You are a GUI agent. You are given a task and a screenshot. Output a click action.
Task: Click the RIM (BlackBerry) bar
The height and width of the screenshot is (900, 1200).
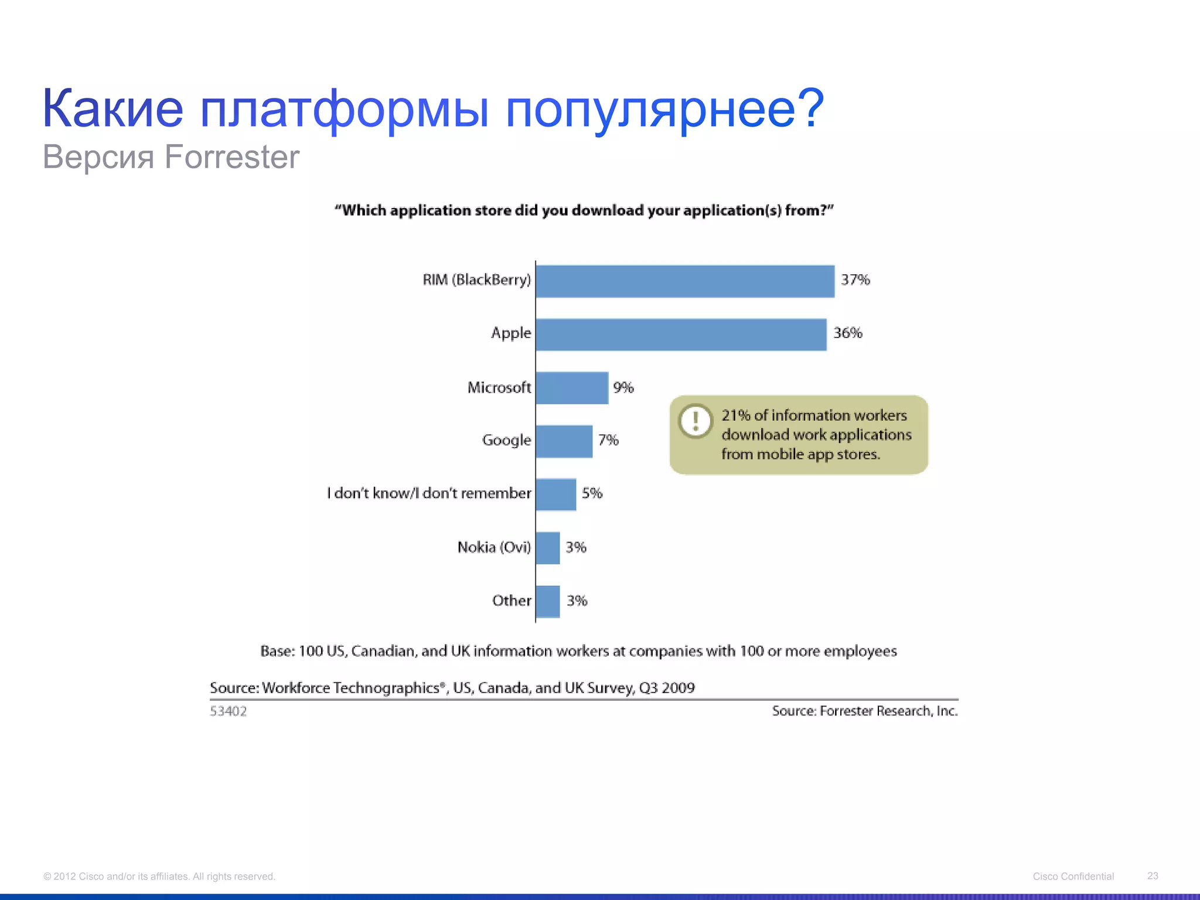coord(685,281)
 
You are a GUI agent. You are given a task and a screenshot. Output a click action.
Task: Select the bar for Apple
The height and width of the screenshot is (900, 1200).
coord(681,335)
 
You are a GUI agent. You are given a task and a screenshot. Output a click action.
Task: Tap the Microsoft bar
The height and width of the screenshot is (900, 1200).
coord(572,388)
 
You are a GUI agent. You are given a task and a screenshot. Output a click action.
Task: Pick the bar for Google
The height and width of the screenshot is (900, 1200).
coord(564,441)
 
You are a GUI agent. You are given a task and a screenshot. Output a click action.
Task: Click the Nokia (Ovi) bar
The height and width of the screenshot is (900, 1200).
coord(547,548)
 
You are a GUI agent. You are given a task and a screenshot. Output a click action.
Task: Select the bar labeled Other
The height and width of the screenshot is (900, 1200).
coord(547,601)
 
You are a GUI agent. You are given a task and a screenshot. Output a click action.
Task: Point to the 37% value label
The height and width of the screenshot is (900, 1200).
coord(855,280)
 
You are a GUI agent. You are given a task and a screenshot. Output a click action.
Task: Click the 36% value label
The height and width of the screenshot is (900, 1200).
coord(848,333)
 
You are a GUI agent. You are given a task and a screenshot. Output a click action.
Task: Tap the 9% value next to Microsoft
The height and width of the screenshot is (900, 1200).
coord(623,388)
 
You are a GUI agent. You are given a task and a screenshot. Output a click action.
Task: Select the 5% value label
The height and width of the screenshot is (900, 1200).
coord(592,493)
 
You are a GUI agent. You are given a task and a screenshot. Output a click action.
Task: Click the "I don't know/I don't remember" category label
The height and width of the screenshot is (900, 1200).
coord(429,493)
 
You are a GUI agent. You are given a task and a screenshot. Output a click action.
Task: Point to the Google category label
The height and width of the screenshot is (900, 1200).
coord(506,441)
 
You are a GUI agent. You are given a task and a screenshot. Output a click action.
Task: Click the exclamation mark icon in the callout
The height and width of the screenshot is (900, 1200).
coord(696,421)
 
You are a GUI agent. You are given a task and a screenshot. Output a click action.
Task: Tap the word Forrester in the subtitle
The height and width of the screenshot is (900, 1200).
coord(231,157)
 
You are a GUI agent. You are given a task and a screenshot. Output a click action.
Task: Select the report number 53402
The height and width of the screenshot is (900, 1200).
coord(229,711)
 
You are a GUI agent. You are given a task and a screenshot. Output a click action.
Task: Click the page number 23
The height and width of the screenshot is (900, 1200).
coord(1153,876)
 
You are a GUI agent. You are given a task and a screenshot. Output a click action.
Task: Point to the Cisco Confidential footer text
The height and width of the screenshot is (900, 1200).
coord(1073,877)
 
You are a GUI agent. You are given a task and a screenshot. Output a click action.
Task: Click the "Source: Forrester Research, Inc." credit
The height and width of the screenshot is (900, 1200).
coord(865,711)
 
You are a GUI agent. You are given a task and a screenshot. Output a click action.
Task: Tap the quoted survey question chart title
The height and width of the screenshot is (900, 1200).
coord(584,210)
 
